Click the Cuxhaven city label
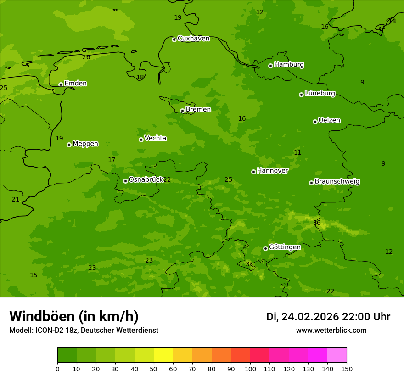pos(193,39)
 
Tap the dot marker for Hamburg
pos(270,66)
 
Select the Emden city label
pos(75,84)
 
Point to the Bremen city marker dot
pos(182,111)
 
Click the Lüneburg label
pos(320,94)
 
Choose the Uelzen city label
pos(329,121)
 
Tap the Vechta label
pos(155,139)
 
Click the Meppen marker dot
pos(69,145)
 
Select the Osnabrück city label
pos(146,180)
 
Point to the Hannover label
pos(272,171)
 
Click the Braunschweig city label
pos(337,182)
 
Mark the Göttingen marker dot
pos(265,248)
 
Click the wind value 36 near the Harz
pos(317,223)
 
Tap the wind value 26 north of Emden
pos(86,57)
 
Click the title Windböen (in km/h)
pos(74,316)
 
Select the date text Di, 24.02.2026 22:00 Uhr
pos(328,317)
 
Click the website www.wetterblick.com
pos(331,331)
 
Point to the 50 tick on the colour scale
pos(154,369)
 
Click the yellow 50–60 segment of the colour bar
pos(163,355)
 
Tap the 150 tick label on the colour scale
pos(347,369)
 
